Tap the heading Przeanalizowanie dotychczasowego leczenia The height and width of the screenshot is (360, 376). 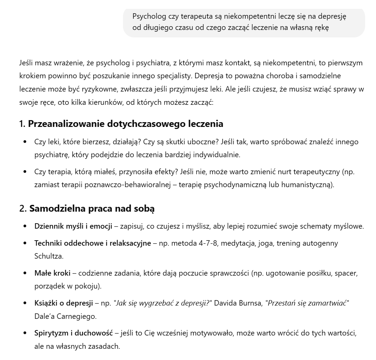coord(125,124)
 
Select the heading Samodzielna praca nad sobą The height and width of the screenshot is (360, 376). coord(92,209)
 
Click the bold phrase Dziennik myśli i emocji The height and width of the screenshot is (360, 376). coord(73,226)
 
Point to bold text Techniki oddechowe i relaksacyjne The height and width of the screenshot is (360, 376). coord(93,243)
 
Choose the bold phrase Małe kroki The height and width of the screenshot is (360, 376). coord(52,273)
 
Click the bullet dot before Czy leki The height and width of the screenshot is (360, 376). coord(25,142)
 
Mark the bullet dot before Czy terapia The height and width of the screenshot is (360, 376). coord(25,172)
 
